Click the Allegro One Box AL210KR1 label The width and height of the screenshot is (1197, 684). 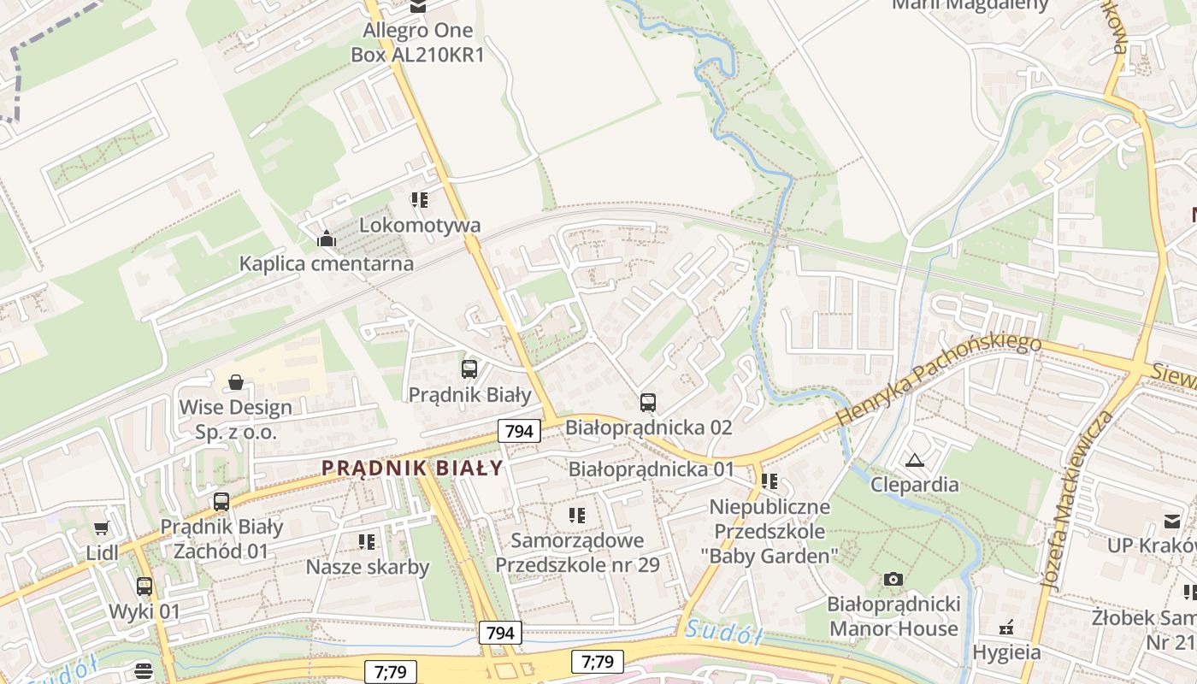click(417, 42)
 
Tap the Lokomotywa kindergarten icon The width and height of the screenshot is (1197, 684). click(419, 200)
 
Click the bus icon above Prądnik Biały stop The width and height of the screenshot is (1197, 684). click(469, 369)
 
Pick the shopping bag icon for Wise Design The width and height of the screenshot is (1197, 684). click(236, 381)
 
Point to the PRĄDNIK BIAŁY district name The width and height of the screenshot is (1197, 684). click(413, 469)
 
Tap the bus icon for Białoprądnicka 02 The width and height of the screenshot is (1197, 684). click(648, 402)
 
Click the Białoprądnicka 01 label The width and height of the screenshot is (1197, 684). click(652, 469)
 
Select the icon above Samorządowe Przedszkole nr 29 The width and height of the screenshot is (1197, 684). click(577, 515)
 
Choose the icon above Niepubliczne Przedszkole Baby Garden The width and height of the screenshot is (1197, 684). click(769, 481)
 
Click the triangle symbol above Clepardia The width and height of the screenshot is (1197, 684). click(915, 460)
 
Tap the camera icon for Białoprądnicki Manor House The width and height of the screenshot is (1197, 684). click(893, 580)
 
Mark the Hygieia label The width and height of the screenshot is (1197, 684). click(1006, 652)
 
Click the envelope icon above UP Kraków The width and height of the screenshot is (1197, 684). click(1171, 521)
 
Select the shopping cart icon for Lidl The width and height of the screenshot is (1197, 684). click(102, 528)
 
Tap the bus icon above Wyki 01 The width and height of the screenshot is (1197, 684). click(144, 587)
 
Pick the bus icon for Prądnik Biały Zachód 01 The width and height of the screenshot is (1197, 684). click(221, 501)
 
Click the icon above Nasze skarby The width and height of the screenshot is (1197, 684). click(367, 541)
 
